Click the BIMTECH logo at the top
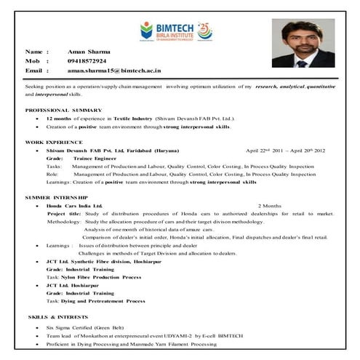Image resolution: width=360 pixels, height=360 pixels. tap(175, 31)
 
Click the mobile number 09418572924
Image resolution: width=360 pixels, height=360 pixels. tap(87, 62)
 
